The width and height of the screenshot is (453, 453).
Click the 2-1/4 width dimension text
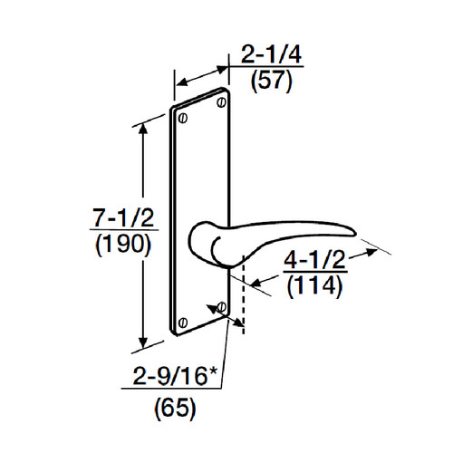tap(271, 58)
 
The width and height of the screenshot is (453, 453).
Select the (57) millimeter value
tap(271, 82)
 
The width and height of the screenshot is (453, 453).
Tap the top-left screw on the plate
tap(184, 118)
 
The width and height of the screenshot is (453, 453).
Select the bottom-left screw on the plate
tap(184, 321)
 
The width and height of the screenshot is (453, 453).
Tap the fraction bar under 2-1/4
tap(271, 71)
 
